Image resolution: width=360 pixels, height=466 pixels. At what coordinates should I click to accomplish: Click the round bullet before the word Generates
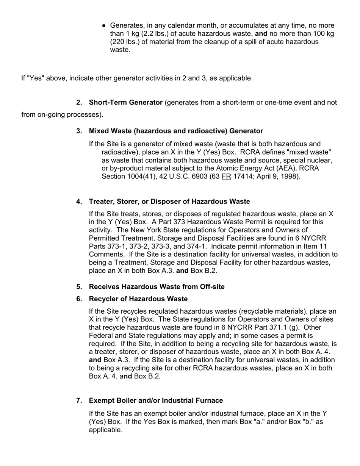[x=104, y=25]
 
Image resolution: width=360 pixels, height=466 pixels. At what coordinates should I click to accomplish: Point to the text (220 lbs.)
[x=125, y=42]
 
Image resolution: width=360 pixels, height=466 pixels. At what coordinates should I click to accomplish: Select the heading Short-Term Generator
[x=125, y=103]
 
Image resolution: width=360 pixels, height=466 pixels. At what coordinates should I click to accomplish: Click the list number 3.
[x=79, y=131]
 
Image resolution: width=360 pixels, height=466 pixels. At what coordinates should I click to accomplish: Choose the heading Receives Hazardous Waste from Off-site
[x=157, y=287]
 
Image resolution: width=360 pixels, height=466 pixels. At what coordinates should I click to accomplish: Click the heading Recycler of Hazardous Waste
[x=138, y=299]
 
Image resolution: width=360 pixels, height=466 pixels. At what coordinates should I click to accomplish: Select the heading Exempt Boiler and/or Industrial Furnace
[x=156, y=400]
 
